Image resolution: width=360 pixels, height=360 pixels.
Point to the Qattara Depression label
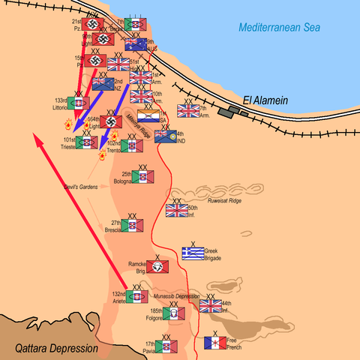pyautogui.click(x=57, y=349)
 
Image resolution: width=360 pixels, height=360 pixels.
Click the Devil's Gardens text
pyautogui.click(x=80, y=186)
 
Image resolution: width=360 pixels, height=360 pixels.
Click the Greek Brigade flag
pyautogui.click(x=193, y=254)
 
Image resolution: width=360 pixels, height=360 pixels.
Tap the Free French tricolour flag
pyautogui.click(x=215, y=343)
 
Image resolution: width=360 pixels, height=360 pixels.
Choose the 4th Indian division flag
pyautogui.click(x=165, y=136)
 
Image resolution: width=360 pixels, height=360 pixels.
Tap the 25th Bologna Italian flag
pyautogui.click(x=144, y=177)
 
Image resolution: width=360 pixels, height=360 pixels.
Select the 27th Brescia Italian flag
pyautogui.click(x=132, y=226)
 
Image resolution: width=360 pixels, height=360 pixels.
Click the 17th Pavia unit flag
pyautogui.click(x=166, y=346)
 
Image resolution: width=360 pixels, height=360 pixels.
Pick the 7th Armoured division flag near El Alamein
pyautogui.click(x=188, y=111)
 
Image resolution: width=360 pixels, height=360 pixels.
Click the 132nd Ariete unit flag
pyautogui.click(x=136, y=297)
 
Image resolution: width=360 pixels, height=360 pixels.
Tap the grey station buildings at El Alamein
pyautogui.click(x=238, y=112)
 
